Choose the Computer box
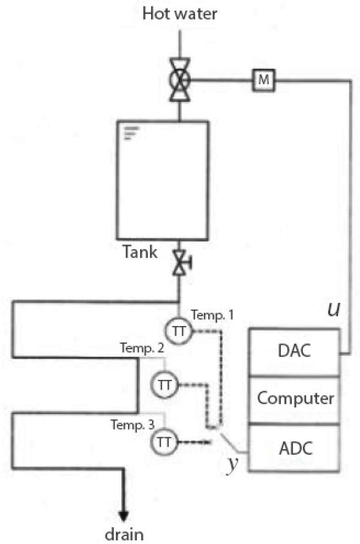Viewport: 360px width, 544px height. pyautogui.click(x=295, y=399)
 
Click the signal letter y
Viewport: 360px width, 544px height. pyautogui.click(x=233, y=462)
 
